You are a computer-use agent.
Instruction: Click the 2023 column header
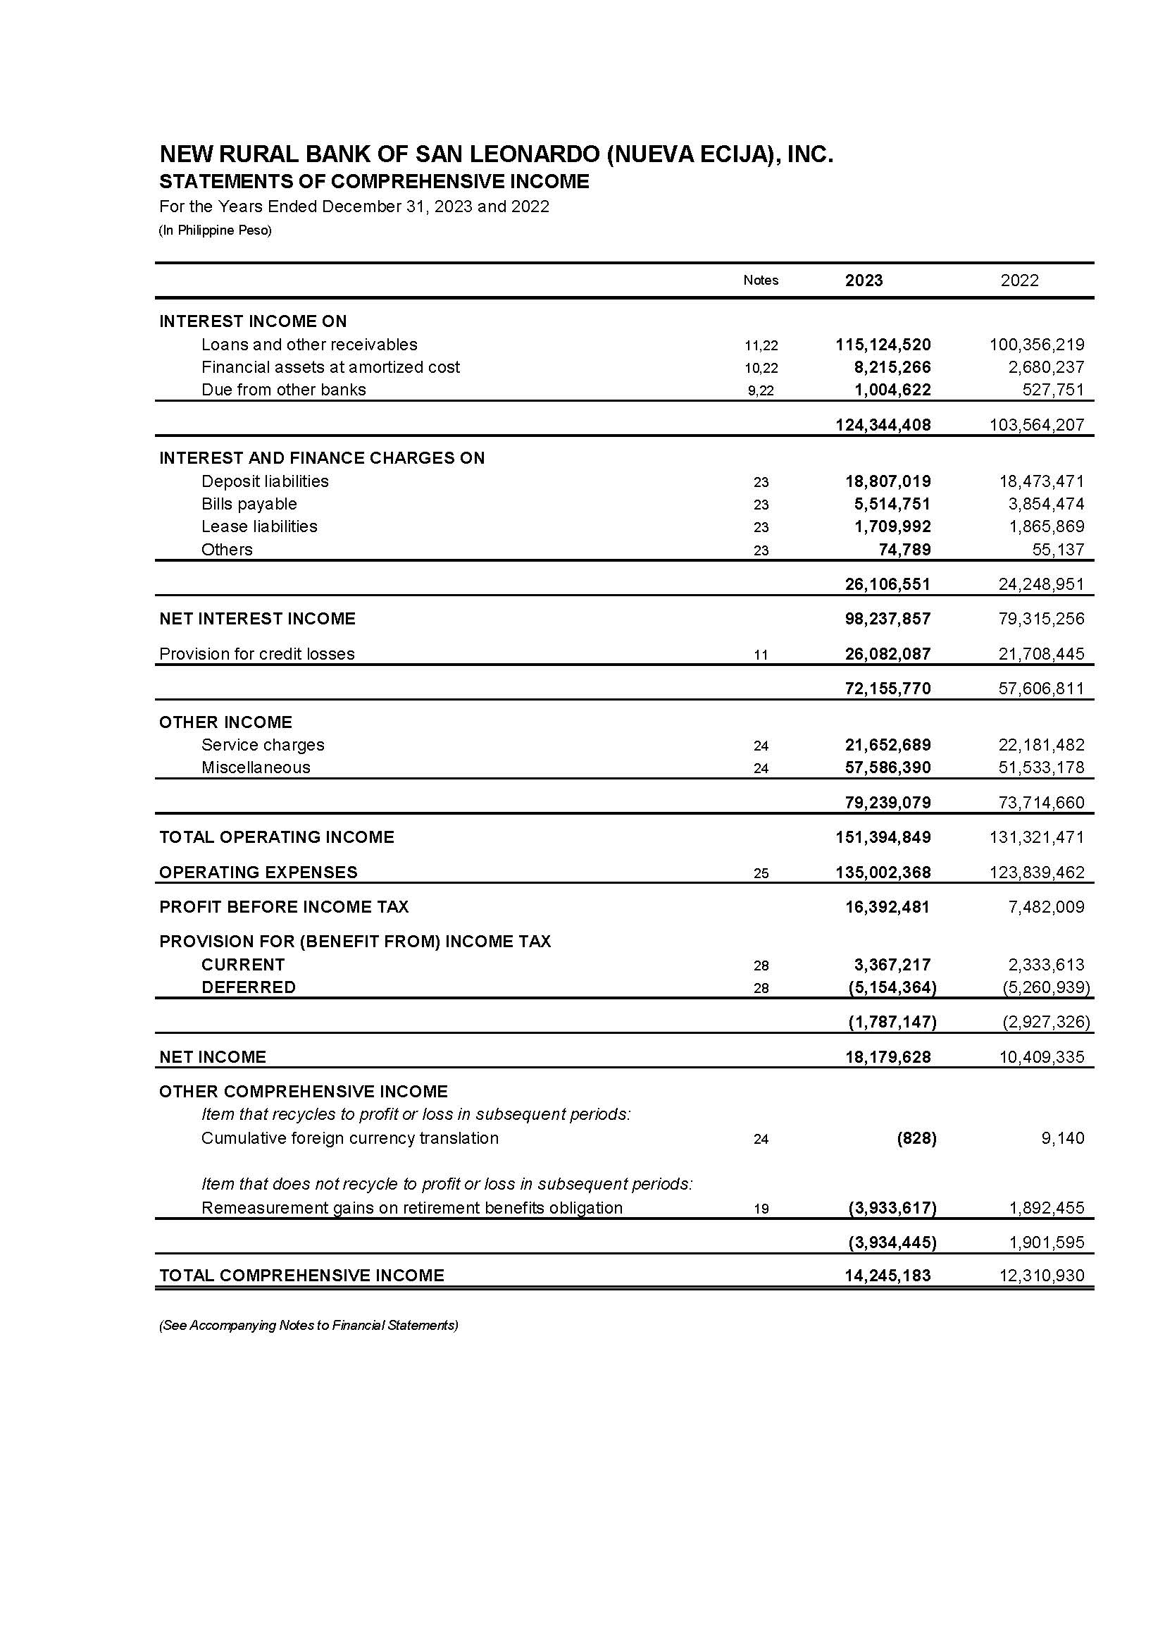(863, 280)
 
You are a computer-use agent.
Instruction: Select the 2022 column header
(1019, 280)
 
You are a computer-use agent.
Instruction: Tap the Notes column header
(761, 280)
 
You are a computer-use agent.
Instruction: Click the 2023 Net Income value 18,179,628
(887, 1057)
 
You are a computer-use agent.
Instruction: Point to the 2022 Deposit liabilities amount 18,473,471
(1037, 481)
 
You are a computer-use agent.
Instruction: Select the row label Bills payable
(249, 504)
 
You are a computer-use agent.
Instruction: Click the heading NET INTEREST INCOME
(257, 619)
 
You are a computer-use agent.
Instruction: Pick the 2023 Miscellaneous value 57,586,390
(887, 768)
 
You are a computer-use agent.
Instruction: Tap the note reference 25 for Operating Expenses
(761, 873)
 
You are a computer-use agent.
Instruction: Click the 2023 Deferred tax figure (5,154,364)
(892, 987)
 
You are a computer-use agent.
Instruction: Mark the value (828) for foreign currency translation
(916, 1138)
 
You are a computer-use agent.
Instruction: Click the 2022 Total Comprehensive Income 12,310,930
(1041, 1276)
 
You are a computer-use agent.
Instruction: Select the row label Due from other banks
(283, 390)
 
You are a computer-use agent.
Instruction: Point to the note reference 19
(761, 1209)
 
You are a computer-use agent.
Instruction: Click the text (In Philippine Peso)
(216, 230)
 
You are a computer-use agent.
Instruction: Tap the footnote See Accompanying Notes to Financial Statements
(309, 1326)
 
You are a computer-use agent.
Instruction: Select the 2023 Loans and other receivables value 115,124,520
(883, 345)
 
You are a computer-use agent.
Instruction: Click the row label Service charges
(263, 745)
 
